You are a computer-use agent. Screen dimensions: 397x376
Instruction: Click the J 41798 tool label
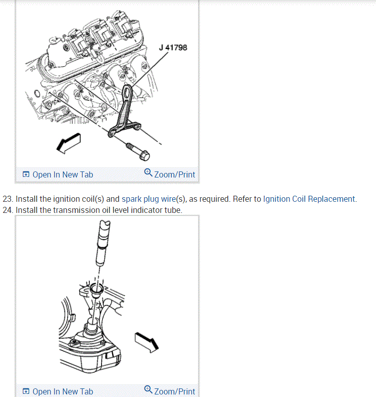coord(173,48)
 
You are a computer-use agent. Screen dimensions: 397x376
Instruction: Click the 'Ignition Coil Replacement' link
coord(309,199)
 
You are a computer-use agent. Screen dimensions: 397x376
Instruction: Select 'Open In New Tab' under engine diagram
coord(63,174)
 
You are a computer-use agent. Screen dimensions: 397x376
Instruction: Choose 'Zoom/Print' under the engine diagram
coord(174,174)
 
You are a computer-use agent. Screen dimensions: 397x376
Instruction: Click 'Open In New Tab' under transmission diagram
coord(63,391)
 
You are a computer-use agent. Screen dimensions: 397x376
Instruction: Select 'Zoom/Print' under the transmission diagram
coord(174,391)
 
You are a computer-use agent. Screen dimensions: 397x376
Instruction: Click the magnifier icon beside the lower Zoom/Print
coord(148,389)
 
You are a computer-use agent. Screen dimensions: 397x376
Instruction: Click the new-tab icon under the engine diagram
coord(26,174)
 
